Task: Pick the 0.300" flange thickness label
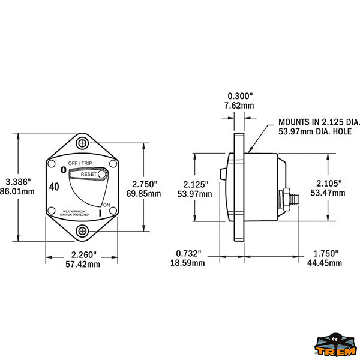click(241, 96)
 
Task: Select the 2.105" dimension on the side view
click(330, 182)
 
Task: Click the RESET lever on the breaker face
click(89, 174)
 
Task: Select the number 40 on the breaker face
click(54, 187)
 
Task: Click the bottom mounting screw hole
click(82, 230)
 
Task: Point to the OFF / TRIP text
click(80, 163)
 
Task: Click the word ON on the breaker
click(107, 205)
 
